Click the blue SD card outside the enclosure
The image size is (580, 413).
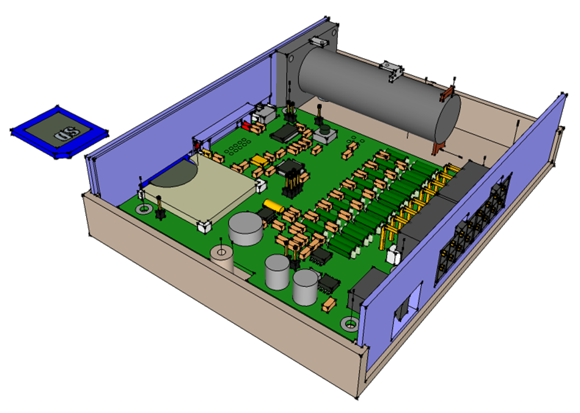pyautogui.click(x=59, y=132)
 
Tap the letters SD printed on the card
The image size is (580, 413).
pyautogui.click(x=67, y=134)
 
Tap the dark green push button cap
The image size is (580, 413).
pyautogui.click(x=325, y=130)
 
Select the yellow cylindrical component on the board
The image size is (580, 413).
pyautogui.click(x=274, y=206)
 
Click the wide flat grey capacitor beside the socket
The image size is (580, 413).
pyautogui.click(x=246, y=228)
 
